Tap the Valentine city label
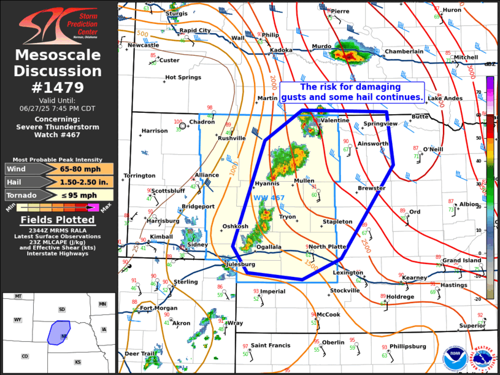coord(334,120)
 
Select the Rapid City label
coord(195,30)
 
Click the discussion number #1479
coord(58,87)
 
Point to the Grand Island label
coord(462,261)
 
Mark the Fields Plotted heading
coord(58,220)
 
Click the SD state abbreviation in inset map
coord(61,309)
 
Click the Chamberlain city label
coord(404,52)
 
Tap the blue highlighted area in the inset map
coord(59,332)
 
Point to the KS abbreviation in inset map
coord(78,362)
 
